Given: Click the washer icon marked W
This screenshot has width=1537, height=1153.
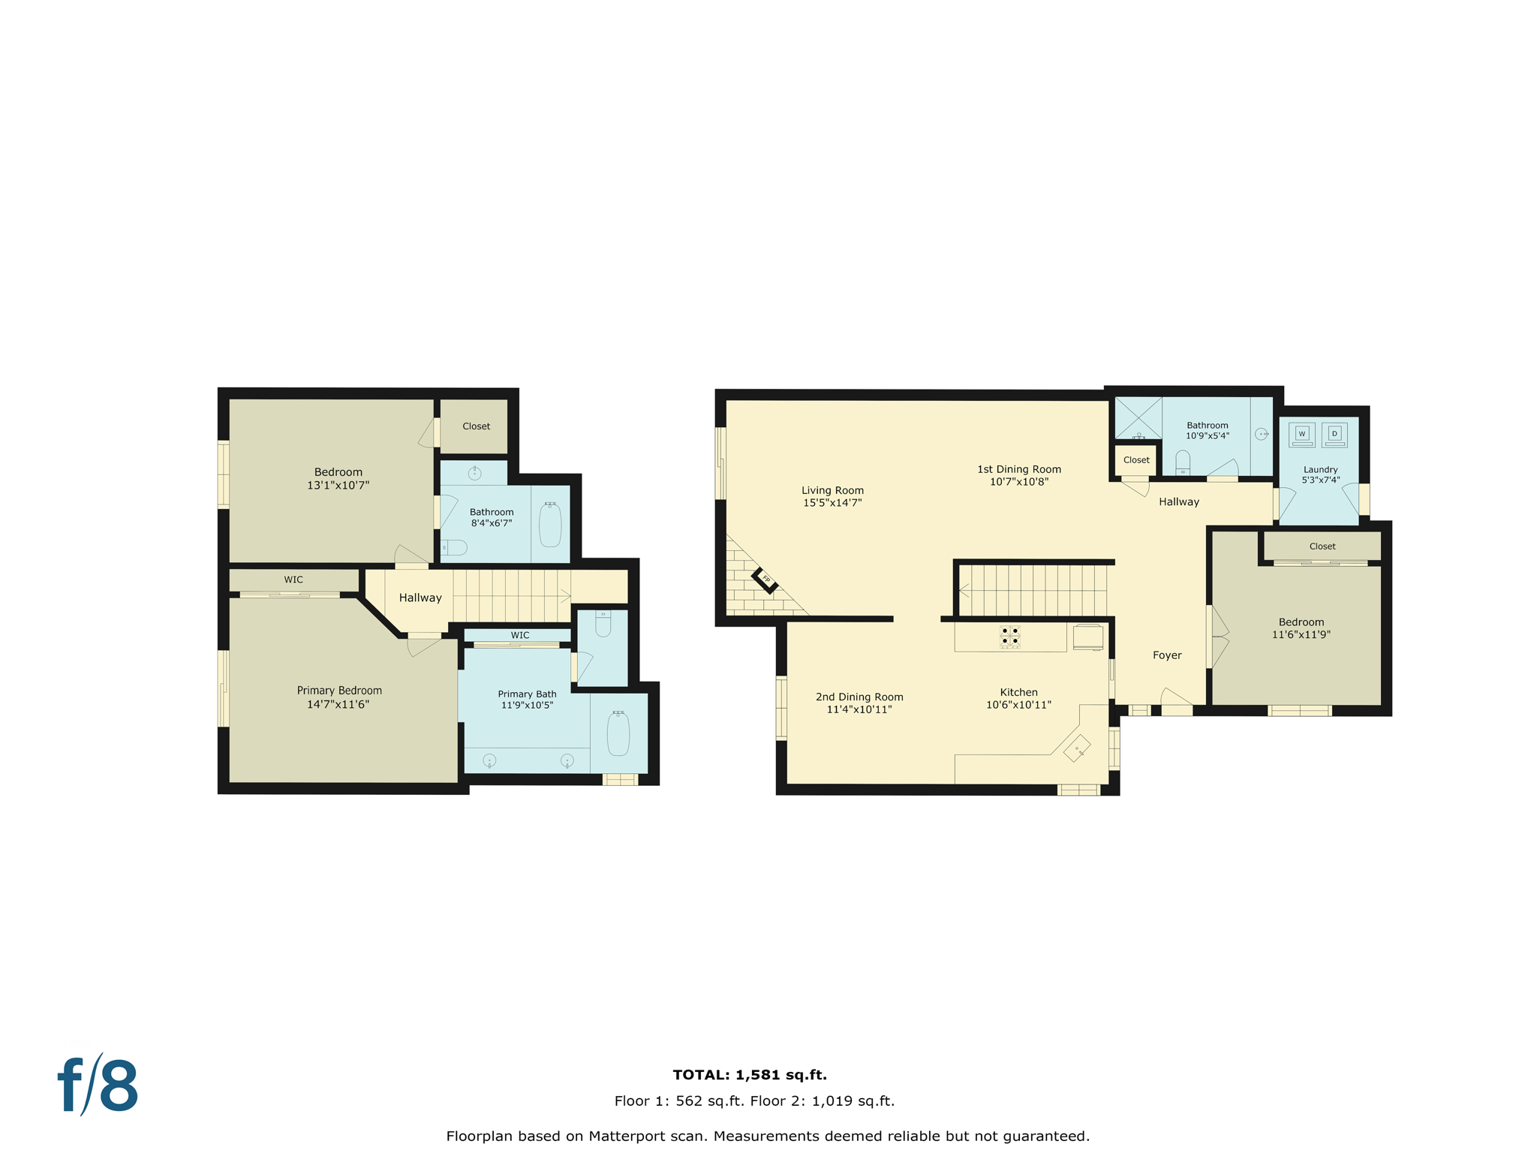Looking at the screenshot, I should tap(1301, 434).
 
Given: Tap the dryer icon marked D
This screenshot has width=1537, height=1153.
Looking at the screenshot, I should tap(1334, 434).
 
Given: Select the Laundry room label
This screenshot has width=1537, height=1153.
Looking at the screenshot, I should tap(1320, 470).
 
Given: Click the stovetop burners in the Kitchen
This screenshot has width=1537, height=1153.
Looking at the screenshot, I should tap(1009, 637).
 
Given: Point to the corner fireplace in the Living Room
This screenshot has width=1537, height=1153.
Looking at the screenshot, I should tap(765, 579).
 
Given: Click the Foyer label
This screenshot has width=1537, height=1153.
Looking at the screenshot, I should tap(1166, 655).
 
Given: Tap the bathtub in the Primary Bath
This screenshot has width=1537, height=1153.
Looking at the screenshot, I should tap(618, 733).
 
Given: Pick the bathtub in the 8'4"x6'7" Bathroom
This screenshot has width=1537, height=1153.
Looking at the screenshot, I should tap(550, 525).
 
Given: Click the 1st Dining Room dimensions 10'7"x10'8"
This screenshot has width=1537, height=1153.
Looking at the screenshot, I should tap(1018, 482).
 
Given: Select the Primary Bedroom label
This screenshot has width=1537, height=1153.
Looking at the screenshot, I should tap(339, 691).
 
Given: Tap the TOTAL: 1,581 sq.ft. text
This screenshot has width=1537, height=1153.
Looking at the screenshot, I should tap(749, 1075).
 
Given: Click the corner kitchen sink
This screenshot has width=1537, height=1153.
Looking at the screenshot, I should tap(1077, 749).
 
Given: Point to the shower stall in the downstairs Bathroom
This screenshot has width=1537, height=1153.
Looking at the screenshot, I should tap(1138, 418).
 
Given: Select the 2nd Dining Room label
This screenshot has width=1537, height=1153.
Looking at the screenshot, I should tap(859, 697).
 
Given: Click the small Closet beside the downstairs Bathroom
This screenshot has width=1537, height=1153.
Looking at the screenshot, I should tap(1135, 460).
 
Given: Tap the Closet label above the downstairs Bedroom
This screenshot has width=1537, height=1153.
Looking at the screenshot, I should tap(1322, 546).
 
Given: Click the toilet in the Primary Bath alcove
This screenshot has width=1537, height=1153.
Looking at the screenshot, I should tap(603, 624).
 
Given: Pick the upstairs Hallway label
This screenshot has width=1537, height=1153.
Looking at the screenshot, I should tap(420, 598).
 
